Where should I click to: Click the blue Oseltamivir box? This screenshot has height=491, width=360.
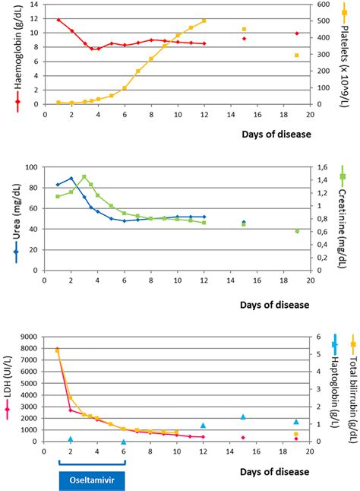pos(90,482)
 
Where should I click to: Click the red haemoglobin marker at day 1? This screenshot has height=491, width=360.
pos(58,20)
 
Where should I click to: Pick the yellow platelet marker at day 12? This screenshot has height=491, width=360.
pos(204,21)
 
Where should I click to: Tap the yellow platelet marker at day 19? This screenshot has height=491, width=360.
pos(297,55)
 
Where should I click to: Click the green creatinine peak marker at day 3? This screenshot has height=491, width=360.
pos(84,177)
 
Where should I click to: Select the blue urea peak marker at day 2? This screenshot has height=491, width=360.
pos(71,179)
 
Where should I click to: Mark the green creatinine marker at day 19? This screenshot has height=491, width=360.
pos(297,231)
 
